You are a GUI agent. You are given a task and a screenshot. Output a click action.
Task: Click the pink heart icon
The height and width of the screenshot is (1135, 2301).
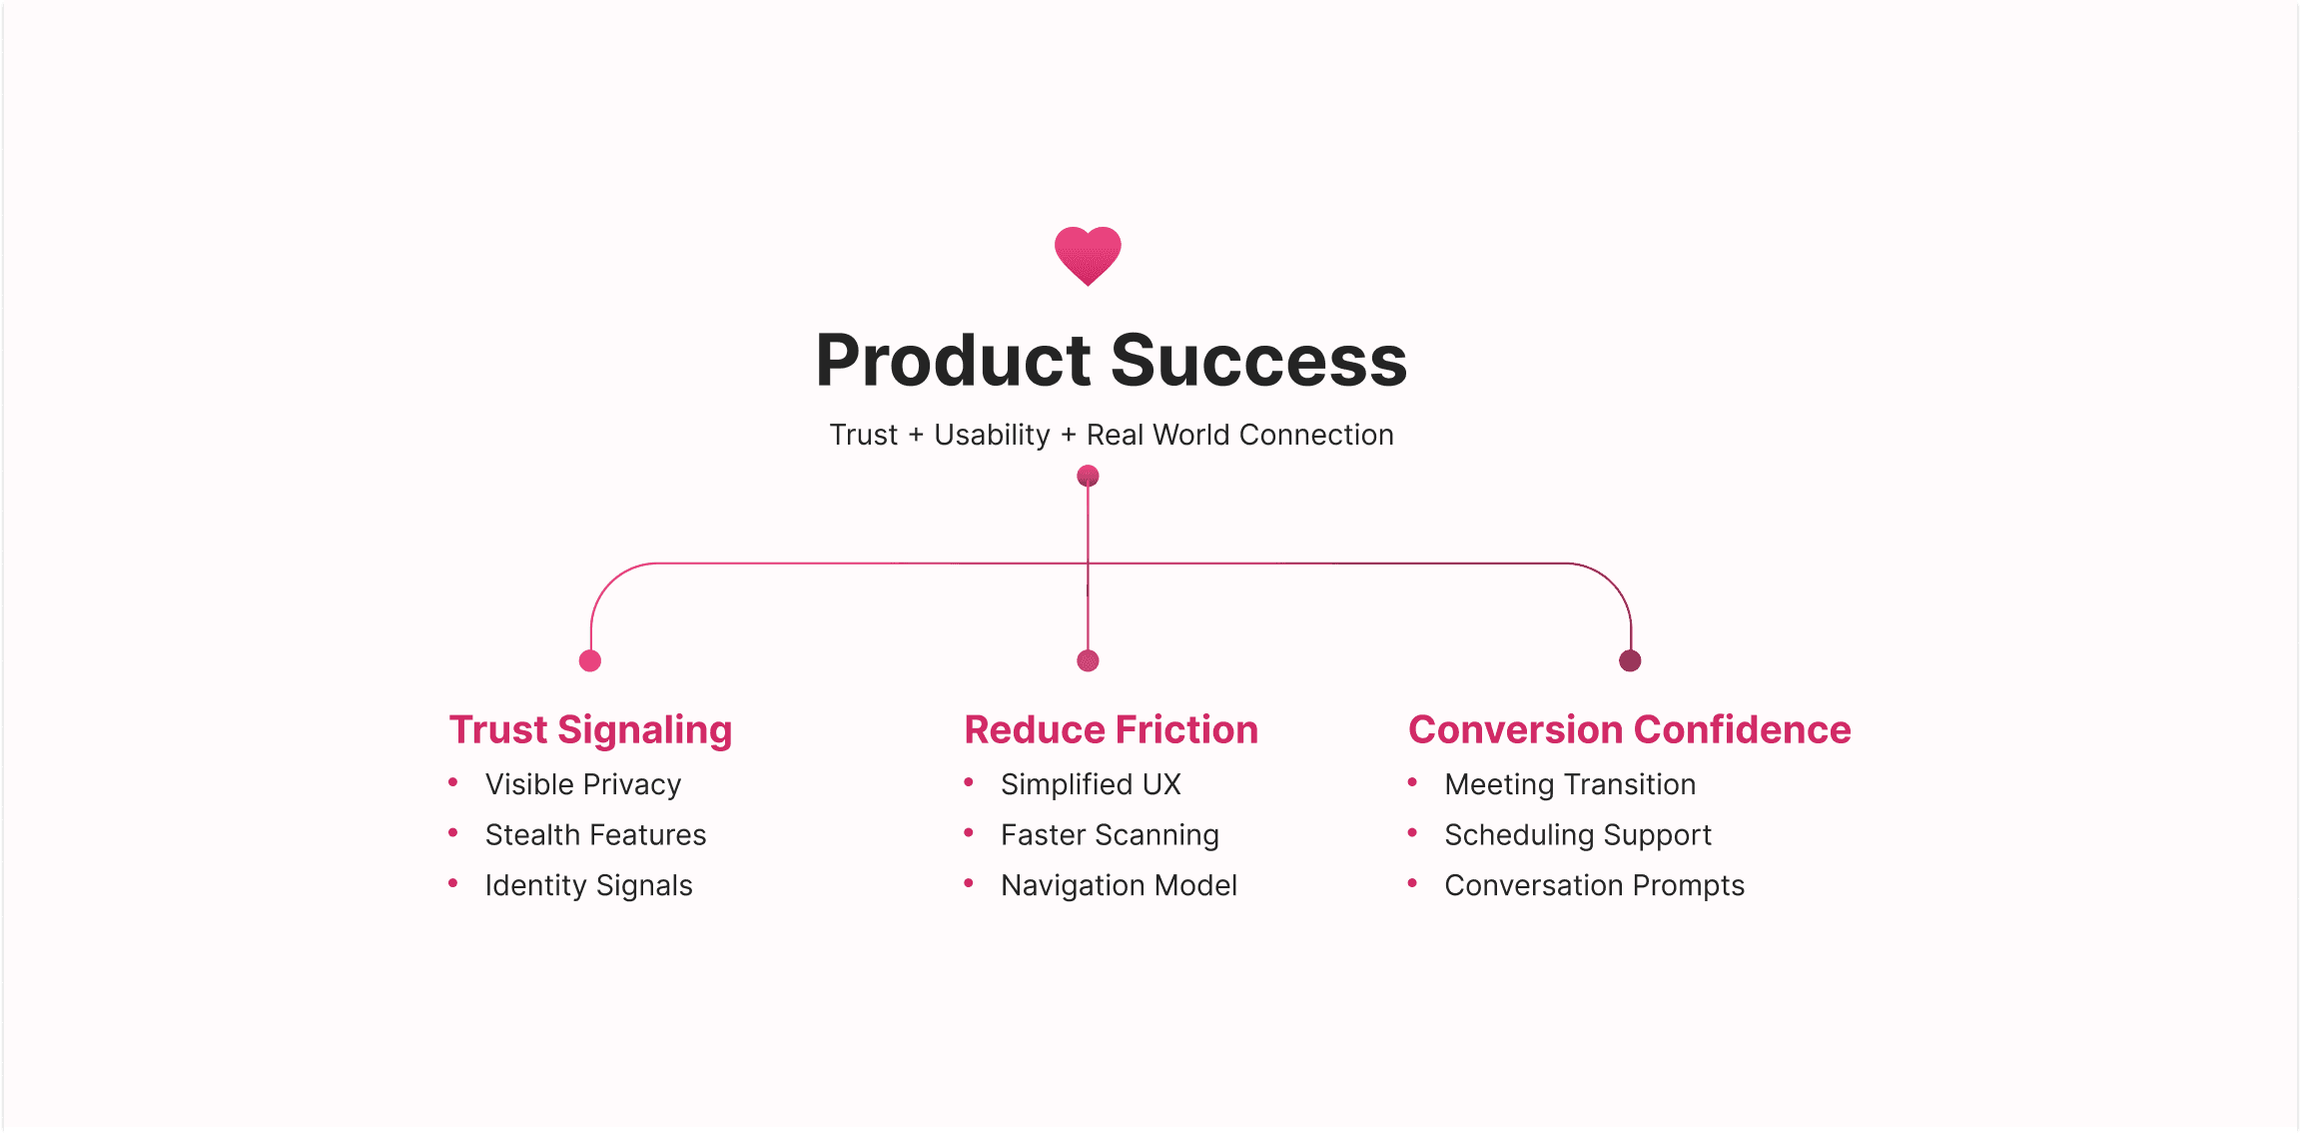(1088, 255)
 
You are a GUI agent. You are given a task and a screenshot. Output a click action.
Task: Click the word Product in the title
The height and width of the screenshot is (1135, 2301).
(954, 361)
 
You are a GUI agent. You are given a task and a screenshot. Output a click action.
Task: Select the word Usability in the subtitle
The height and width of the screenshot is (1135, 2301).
(992, 436)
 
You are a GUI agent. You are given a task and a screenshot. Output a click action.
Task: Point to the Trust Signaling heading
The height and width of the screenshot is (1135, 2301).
(590, 730)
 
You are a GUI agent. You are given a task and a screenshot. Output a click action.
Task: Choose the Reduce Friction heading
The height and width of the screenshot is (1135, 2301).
(1111, 730)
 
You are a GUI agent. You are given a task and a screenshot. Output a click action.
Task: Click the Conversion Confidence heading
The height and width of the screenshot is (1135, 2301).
(1629, 730)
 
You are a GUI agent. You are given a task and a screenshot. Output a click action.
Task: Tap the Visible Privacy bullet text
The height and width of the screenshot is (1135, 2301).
(583, 785)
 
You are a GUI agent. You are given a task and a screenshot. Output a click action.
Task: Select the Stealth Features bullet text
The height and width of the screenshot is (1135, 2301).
(595, 835)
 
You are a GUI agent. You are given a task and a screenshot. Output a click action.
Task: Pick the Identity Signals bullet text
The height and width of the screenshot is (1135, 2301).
(588, 886)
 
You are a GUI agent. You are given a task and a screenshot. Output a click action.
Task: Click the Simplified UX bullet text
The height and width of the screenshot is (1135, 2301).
(1091, 785)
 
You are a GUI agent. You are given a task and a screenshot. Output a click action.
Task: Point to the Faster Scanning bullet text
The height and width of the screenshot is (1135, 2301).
(1110, 835)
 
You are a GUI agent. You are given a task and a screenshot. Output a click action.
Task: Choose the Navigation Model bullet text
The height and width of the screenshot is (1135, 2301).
(1119, 886)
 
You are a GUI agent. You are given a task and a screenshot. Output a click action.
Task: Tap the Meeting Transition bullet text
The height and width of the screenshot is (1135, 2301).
(1570, 785)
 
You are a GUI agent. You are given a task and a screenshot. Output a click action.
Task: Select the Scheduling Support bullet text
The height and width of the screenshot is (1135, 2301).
(1578, 835)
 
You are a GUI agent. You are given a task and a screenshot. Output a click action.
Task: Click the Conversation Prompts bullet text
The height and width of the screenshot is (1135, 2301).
(1594, 886)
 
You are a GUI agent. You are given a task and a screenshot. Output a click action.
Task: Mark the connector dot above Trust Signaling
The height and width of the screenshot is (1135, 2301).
(590, 660)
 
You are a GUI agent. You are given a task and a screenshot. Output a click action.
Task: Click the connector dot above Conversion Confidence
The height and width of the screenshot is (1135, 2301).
(1630, 660)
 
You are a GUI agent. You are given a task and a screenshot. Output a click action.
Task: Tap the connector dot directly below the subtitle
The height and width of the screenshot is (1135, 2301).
(1088, 476)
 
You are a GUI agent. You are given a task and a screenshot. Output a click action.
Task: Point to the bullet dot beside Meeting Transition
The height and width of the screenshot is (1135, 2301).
(1412, 782)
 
